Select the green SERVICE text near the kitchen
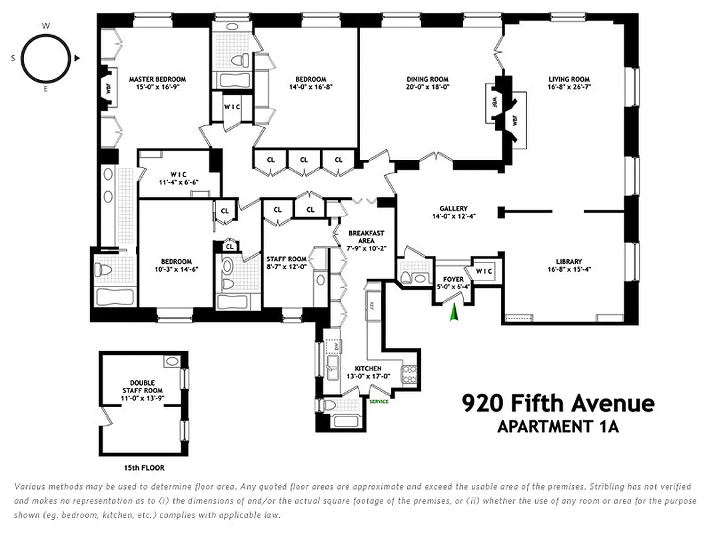[378, 401]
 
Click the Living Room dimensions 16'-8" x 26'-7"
[569, 87]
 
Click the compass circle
[46, 58]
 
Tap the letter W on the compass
[46, 26]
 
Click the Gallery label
[453, 209]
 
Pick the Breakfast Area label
[366, 237]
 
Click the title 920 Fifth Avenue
[558, 403]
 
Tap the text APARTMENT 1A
[558, 427]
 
